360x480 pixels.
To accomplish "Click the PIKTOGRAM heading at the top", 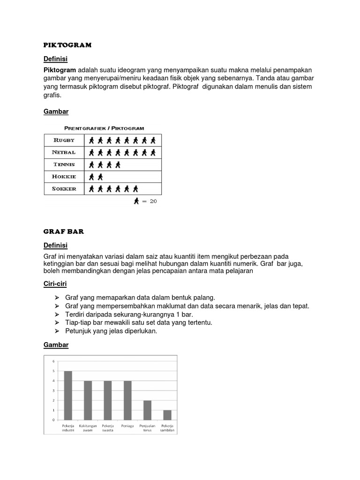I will (67, 45).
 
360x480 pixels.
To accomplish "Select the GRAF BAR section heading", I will (63, 232).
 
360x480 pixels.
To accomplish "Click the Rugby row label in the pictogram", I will (64, 140).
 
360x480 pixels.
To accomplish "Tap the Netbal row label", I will (64, 152).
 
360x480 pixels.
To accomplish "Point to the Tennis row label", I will (64, 165).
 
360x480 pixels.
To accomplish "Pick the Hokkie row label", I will (64, 177).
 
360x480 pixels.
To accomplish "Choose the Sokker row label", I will (64, 189).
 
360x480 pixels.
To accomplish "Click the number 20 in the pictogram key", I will (153, 201).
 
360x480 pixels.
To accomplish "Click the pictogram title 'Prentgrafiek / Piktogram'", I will (104, 127).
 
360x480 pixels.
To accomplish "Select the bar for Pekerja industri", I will (68, 395).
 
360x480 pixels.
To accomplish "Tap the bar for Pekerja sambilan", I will (167, 415).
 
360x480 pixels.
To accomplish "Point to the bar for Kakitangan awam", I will (88, 400).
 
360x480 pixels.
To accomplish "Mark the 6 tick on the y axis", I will (53, 361).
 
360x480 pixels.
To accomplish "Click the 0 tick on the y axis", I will (53, 420).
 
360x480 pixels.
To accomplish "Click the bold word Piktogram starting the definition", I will (60, 70).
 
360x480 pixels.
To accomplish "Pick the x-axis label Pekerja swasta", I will (108, 428).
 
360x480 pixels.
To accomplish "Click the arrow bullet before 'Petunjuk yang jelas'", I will (57, 331).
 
